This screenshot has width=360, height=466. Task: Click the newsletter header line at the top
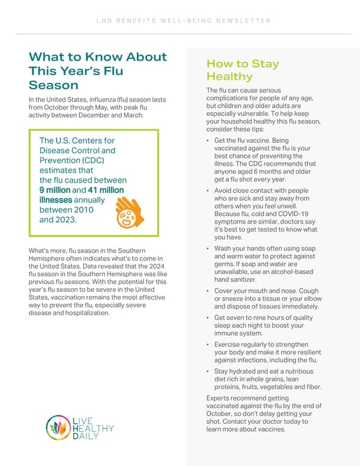click(179, 21)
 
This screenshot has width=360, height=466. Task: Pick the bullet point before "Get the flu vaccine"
click(207, 141)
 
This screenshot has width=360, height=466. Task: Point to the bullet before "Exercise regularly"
click(207, 345)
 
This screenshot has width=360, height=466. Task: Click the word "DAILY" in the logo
click(85, 437)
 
